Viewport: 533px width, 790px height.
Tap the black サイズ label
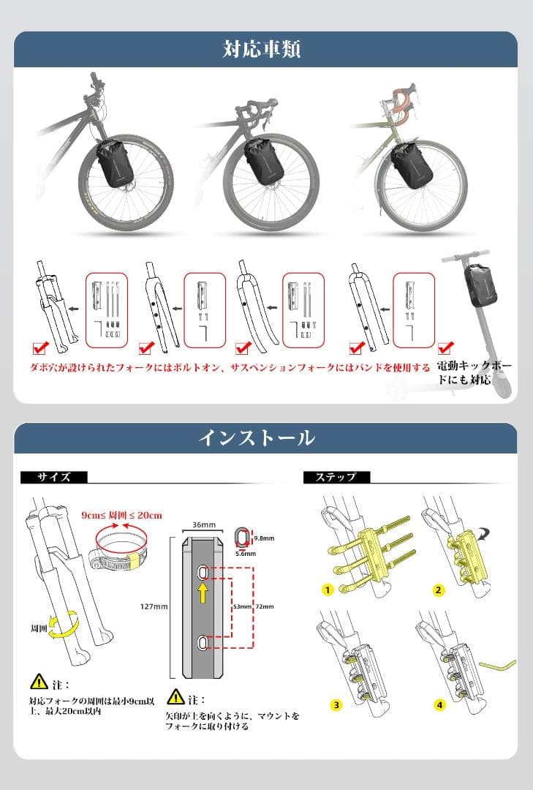pos(55,477)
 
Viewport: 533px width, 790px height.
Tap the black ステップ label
pos(336,477)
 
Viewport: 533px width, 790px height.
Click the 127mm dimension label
pos(154,606)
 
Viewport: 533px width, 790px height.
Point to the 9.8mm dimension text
pos(264,538)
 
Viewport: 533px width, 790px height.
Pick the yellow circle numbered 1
pos(328,590)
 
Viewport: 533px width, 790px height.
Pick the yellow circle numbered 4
pos(439,705)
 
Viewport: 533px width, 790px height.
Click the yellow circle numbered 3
pos(336,705)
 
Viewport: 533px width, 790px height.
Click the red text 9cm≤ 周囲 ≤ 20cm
pos(121,515)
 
